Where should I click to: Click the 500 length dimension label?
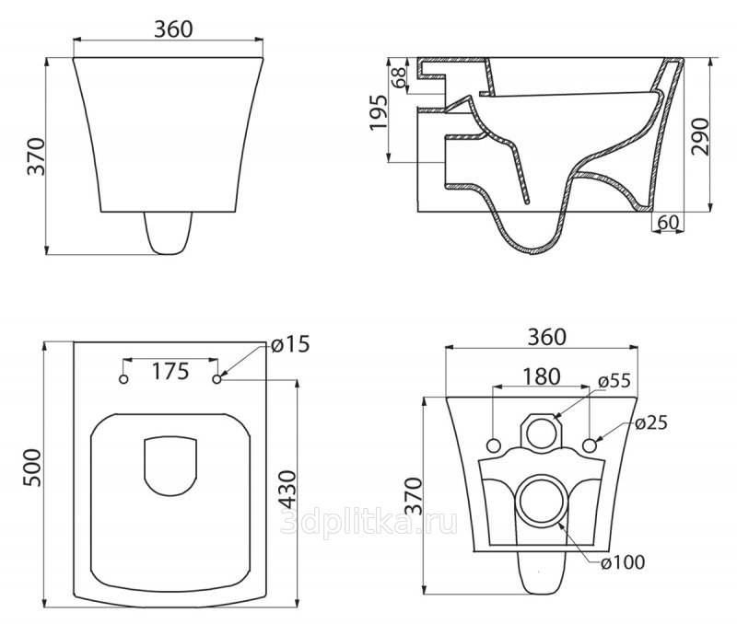tap(33, 468)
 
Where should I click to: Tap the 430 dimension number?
tap(287, 490)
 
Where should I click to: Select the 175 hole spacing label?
tap(170, 372)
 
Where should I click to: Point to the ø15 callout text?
tap(290, 344)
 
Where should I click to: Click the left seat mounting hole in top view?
tap(123, 379)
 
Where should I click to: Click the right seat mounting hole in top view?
tap(216, 379)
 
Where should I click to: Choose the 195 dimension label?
tap(379, 112)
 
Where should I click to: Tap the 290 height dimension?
tap(700, 136)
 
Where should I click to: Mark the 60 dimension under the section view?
tap(668, 222)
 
